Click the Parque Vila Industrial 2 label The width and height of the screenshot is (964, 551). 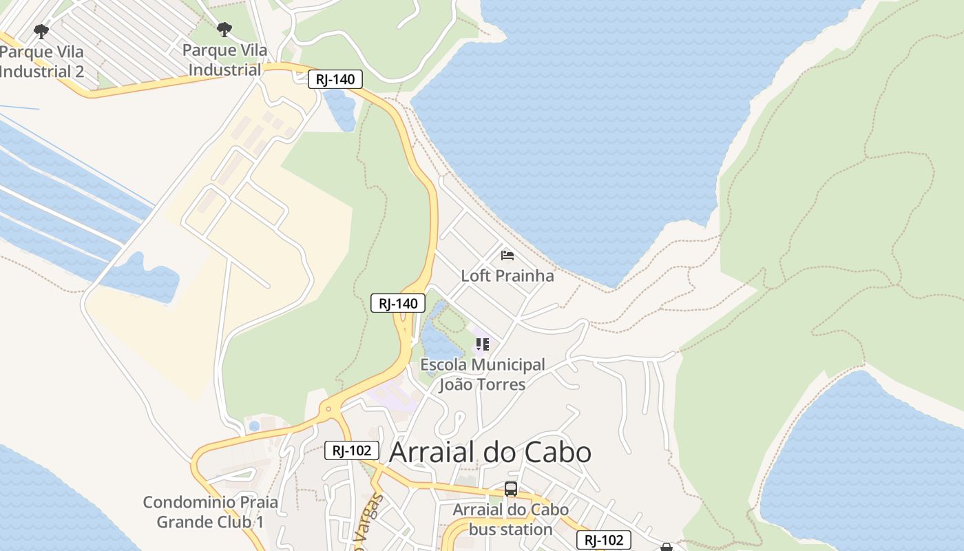coord(42,61)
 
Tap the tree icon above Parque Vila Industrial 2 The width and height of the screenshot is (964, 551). coord(41,31)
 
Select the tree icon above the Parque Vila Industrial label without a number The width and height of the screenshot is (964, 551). coord(224,30)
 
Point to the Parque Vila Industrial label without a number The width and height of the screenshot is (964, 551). coord(224,60)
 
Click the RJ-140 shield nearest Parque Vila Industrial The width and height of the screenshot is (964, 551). coord(335,79)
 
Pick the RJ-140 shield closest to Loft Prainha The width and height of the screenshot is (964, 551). coord(398,303)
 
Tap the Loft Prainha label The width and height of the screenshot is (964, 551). coord(507,275)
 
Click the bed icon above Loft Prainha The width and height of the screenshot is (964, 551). coord(507,256)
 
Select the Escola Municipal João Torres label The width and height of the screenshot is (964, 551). coord(482,374)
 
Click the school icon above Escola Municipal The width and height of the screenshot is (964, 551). coord(482,344)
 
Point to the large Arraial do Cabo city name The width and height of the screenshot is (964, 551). coord(490,452)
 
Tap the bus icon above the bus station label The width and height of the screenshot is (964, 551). coord(510,489)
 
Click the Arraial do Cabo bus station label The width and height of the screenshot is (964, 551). coord(510,519)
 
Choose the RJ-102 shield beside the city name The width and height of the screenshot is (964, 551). coord(352,450)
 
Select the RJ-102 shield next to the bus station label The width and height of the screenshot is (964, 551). coord(603,540)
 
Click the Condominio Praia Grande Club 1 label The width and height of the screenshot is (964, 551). coord(210,512)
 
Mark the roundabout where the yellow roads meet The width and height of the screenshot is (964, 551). coord(328,409)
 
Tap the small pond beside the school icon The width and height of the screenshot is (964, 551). coord(438,341)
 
